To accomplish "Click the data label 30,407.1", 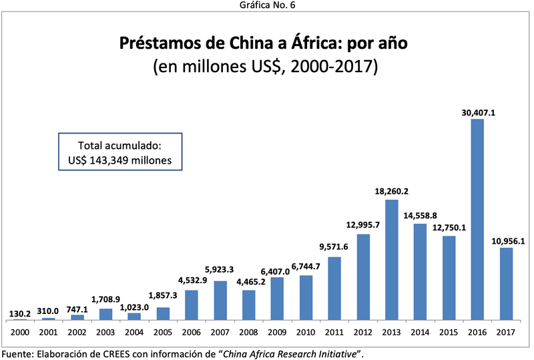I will [477, 113].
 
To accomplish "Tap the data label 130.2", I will [20, 313].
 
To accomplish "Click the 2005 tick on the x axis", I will [162, 332].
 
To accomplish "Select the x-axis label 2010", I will [306, 332].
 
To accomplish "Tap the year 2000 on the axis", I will [19, 332].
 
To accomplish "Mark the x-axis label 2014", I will [420, 332].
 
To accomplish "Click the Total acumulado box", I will [120, 152].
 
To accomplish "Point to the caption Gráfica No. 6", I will [267, 6].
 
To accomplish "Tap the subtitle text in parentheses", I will [266, 67].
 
